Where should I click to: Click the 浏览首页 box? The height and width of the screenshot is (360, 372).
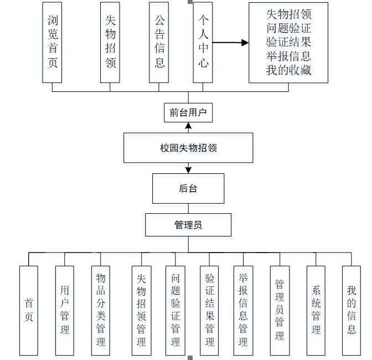52,42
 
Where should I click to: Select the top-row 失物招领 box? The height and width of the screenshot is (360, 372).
110,42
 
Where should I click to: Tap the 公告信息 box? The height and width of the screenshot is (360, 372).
159,42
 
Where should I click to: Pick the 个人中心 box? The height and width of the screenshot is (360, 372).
203,42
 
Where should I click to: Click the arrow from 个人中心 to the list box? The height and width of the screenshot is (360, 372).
230,42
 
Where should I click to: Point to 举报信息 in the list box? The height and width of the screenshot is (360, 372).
288,56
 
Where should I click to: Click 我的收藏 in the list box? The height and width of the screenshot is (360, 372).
288,70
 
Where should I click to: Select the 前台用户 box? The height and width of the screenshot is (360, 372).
188,113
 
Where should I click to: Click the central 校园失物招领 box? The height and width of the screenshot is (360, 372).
188,148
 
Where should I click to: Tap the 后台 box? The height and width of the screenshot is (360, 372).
188,188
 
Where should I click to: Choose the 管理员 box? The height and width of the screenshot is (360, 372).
188,225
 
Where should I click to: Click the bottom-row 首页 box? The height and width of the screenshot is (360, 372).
29,310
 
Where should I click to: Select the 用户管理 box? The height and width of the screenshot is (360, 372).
65,310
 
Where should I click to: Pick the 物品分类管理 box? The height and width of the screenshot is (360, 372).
101,310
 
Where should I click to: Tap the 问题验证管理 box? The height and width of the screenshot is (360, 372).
175,310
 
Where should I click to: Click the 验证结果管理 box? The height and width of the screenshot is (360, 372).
210,310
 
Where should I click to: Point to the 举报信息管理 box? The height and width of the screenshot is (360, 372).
243,310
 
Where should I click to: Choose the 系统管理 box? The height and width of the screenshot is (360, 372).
316,310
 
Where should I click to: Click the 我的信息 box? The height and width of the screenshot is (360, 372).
352,310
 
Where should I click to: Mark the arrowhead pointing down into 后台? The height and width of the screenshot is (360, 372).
188,169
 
